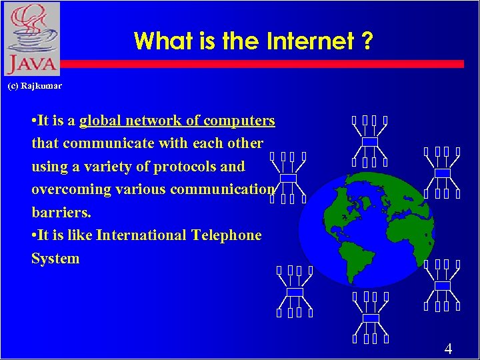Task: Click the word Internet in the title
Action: tap(310, 41)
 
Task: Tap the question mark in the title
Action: tap(366, 41)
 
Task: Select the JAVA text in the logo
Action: tap(30, 65)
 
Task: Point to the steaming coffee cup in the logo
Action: tap(31, 30)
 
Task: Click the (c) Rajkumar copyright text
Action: tap(34, 87)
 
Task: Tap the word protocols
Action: tap(184, 166)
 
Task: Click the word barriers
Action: tap(61, 213)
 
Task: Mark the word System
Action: tap(55, 259)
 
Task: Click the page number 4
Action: tap(448, 349)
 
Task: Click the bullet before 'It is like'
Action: tap(34, 235)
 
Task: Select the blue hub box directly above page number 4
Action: tap(442, 285)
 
